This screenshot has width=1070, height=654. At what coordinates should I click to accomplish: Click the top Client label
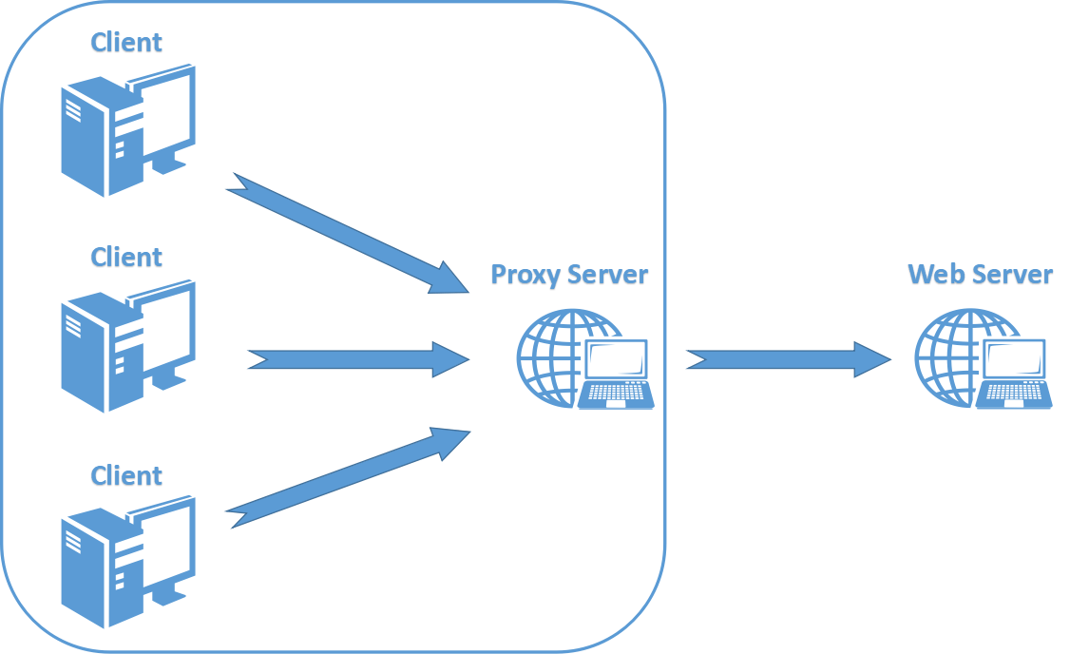point(126,43)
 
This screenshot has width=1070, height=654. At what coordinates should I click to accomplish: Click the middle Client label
point(126,258)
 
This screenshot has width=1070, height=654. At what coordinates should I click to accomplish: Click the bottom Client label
point(126,474)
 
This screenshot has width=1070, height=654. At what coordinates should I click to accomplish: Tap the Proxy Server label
point(569,276)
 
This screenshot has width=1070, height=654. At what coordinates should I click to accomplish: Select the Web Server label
point(980,276)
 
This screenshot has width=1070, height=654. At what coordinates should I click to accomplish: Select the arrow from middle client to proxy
point(357,360)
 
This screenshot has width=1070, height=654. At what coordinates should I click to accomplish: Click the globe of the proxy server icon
point(552,356)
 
